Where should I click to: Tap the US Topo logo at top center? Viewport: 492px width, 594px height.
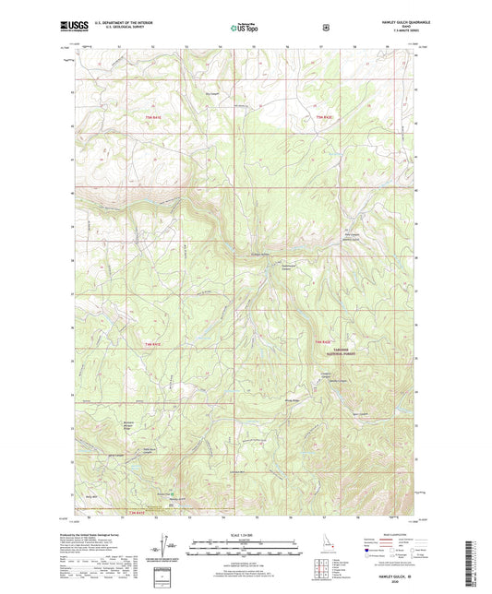coord(246,29)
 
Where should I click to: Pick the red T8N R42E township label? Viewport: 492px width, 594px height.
coord(321,343)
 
